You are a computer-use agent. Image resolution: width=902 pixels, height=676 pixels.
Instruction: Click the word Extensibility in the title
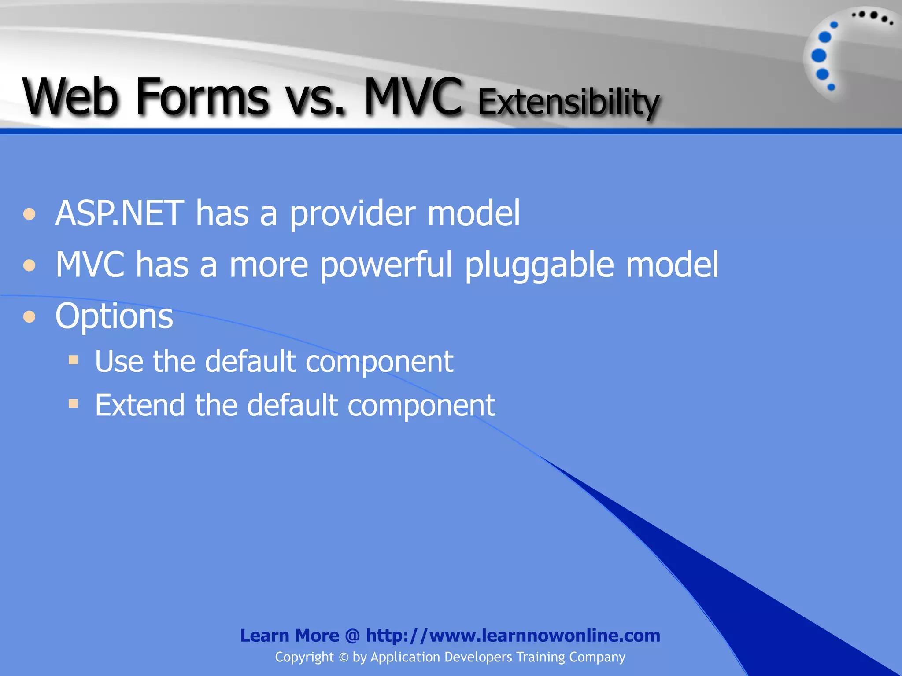tap(568, 102)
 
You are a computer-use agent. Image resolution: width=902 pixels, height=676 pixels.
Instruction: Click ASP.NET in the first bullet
tap(119, 213)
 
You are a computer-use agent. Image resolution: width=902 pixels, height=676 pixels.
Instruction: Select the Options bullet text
tap(114, 316)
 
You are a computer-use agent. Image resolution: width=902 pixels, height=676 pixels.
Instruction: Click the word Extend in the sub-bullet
tap(140, 405)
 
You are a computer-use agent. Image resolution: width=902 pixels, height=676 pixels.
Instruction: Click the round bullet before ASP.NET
tap(30, 214)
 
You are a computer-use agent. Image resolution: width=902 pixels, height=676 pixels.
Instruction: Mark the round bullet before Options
tap(30, 316)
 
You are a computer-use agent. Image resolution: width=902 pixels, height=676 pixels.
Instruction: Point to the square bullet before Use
tap(74, 360)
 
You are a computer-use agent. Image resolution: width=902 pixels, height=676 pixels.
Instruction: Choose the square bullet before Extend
tap(74, 403)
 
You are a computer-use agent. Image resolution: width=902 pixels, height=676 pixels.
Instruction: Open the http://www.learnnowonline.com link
tap(513, 636)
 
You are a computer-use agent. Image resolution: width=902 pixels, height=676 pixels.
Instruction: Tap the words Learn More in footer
tap(289, 636)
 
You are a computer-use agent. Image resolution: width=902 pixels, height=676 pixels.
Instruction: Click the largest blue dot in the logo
tap(819, 56)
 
